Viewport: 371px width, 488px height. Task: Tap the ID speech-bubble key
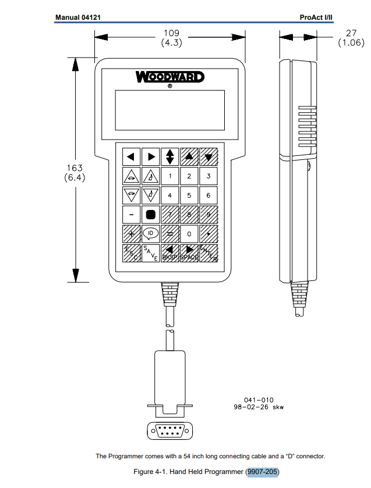point(150,233)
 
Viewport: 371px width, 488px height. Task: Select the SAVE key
point(150,253)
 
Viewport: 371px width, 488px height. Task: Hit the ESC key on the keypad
point(131,253)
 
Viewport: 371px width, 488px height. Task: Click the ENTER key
point(208,253)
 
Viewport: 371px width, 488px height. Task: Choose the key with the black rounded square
point(150,214)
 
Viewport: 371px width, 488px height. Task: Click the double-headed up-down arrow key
point(169,156)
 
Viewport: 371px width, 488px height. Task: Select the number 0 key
point(189,234)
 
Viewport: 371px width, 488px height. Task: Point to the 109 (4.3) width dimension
point(170,38)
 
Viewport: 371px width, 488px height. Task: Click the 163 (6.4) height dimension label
point(75,173)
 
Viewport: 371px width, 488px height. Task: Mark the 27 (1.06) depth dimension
point(351,38)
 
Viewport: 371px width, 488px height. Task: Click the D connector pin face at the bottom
point(169,432)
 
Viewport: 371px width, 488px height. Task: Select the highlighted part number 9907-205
point(263,471)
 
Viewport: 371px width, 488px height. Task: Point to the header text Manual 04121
point(78,17)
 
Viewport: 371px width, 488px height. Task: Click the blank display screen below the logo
point(169,110)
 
